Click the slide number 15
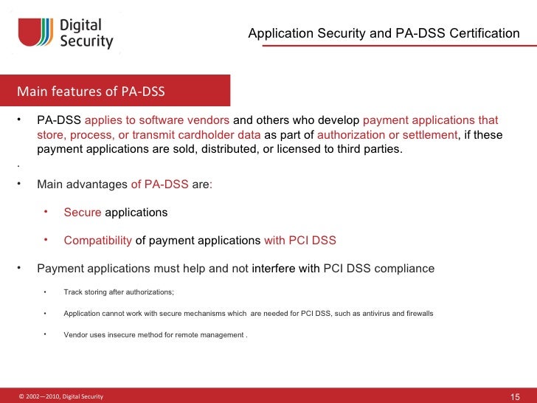point(516,397)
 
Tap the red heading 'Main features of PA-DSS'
point(91,92)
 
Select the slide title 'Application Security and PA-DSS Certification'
point(384,33)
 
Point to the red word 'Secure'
point(83,213)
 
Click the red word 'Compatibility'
point(98,241)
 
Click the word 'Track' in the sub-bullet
point(72,292)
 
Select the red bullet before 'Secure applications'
point(46,212)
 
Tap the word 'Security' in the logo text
point(86,42)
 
